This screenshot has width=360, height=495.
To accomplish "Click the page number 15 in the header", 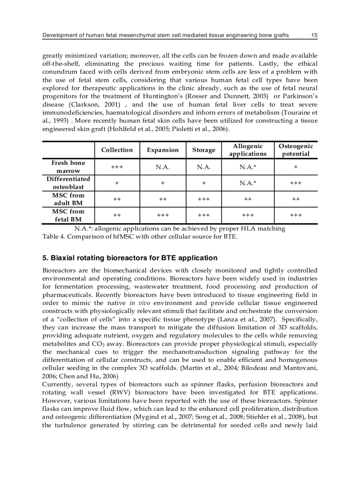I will point(314,36).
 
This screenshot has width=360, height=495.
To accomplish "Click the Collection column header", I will point(117,150).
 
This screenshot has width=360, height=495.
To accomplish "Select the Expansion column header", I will point(163,150).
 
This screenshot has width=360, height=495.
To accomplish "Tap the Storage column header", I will point(204,150).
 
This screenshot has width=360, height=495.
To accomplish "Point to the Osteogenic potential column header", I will point(296,150).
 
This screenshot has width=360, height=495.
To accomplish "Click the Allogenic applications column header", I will point(247,150).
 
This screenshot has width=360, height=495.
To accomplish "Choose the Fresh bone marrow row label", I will point(68,167).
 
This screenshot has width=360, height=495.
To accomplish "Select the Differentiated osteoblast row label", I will point(68,183).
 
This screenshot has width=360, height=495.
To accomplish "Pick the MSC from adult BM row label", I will point(68,199).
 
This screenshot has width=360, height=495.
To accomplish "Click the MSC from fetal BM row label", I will point(68,216).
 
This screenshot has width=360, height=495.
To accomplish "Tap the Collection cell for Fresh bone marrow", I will point(117,167).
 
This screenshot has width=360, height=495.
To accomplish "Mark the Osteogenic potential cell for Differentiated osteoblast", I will point(296,183).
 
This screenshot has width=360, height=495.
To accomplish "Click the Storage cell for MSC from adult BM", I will point(204,199).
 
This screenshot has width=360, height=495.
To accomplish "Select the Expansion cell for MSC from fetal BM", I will point(163,216).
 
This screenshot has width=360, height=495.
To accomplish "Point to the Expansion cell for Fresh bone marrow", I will point(163,167).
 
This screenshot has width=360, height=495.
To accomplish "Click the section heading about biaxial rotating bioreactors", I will point(130,258).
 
